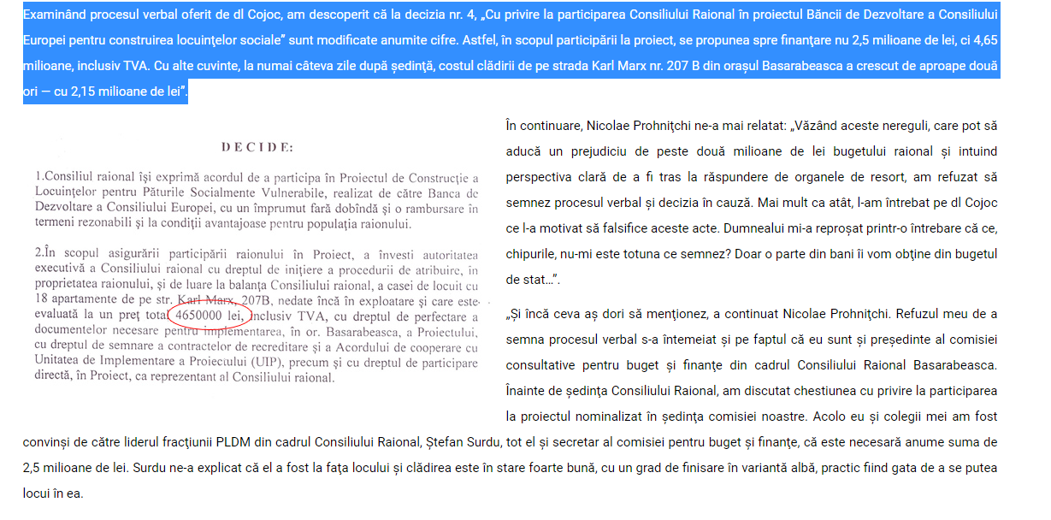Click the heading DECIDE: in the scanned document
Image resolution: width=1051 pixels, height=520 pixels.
(x=257, y=148)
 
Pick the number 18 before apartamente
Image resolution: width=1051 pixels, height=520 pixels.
(x=43, y=300)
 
